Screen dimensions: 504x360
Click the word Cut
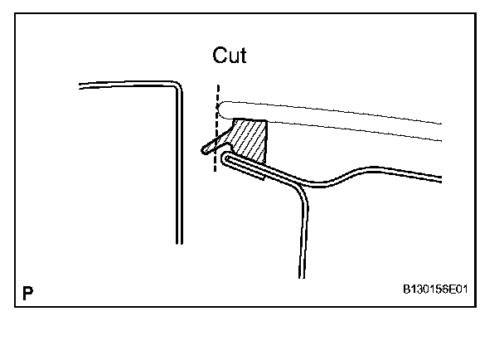click(230, 56)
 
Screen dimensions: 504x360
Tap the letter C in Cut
click(220, 56)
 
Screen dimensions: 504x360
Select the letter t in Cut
click(243, 56)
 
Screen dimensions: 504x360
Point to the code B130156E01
click(435, 292)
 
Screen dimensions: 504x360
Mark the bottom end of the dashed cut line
click(216, 170)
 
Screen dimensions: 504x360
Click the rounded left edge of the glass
click(220, 108)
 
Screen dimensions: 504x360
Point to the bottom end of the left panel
click(178, 241)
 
